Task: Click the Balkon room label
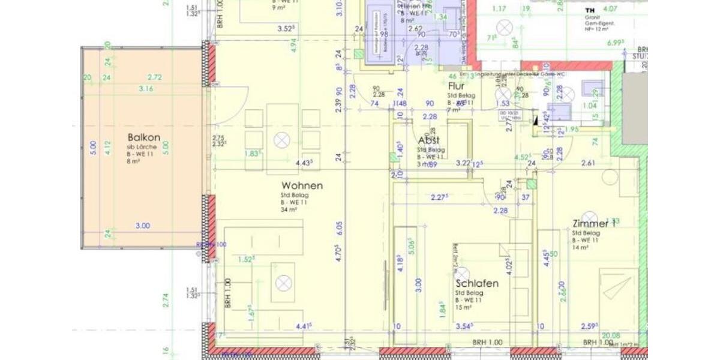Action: (143, 137)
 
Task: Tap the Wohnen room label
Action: (302, 186)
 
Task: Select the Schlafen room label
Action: (477, 283)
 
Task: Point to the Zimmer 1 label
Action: (594, 224)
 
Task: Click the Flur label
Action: (456, 86)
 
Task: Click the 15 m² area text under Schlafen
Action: (463, 307)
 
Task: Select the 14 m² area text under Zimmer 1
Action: (580, 247)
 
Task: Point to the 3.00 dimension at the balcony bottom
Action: (142, 226)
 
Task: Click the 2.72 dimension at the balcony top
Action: (154, 77)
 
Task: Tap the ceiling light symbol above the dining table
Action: (281, 140)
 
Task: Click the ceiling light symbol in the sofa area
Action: (283, 283)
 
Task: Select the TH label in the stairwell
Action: (590, 11)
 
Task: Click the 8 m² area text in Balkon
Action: (133, 161)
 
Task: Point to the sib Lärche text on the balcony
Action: (139, 147)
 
